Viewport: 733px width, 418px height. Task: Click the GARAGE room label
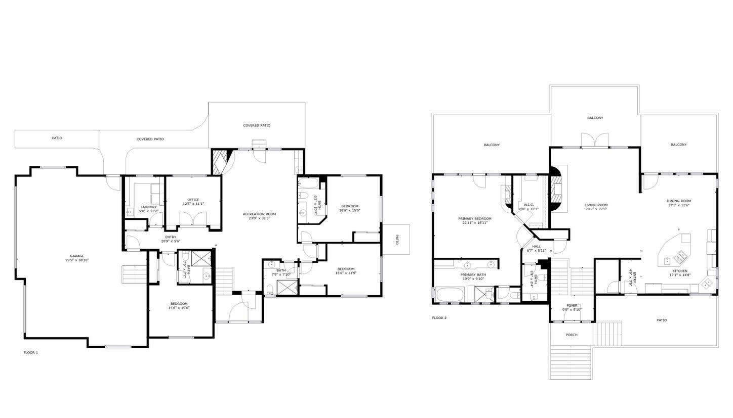point(77,256)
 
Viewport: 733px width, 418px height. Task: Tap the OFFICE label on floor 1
point(193,200)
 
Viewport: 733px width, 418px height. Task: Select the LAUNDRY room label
point(148,207)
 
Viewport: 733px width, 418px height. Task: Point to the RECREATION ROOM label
point(259,214)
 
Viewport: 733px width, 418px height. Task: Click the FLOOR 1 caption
point(31,352)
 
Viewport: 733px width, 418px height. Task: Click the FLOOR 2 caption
point(439,318)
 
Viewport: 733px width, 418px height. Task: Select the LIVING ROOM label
point(596,205)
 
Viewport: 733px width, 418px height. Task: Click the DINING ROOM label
point(678,201)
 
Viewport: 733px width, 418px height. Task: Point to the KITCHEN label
point(679,271)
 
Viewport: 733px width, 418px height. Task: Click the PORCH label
point(572,335)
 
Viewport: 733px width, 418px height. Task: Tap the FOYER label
point(572,305)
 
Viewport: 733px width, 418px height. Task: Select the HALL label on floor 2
point(536,247)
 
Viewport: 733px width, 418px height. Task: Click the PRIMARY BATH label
point(473,274)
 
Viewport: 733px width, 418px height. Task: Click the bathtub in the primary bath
point(450,294)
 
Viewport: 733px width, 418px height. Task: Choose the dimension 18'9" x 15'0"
point(349,210)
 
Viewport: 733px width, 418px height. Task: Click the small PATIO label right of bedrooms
point(397,240)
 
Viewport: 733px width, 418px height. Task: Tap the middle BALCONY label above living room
point(595,118)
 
